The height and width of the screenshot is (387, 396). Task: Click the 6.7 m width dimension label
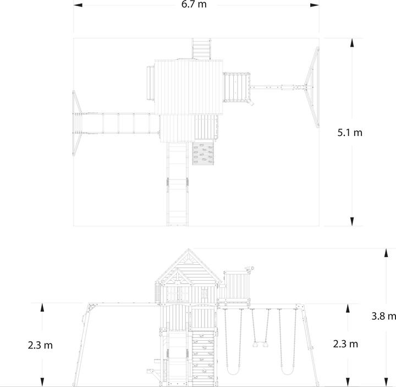click(x=195, y=5)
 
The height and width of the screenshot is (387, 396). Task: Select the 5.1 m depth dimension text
click(x=350, y=132)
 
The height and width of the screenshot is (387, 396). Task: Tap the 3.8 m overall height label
click(x=383, y=316)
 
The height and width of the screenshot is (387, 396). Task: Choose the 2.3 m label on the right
click(x=346, y=344)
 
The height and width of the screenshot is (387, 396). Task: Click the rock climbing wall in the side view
click(x=202, y=358)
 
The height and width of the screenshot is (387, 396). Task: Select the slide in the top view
click(x=178, y=184)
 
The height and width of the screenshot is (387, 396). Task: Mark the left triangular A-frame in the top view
click(x=76, y=123)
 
